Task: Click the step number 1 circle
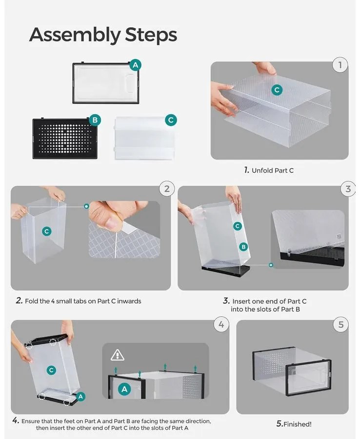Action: (x=340, y=65)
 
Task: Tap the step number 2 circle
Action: (x=167, y=188)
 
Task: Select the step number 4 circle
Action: (x=222, y=324)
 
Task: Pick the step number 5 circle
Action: (x=340, y=324)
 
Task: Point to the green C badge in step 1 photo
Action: (x=277, y=90)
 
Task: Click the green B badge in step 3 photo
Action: (x=243, y=247)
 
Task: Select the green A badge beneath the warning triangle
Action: (x=125, y=389)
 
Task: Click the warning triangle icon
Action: (x=118, y=355)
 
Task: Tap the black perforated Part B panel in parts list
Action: (x=63, y=139)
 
